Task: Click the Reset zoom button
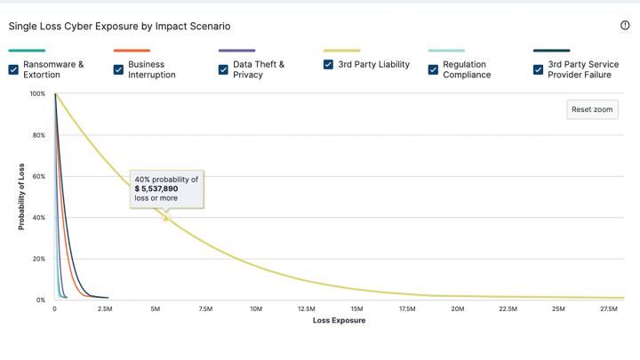(592, 109)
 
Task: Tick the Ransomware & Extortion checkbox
(13, 69)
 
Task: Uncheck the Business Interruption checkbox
(118, 69)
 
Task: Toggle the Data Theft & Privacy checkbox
(223, 69)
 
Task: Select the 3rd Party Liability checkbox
(328, 65)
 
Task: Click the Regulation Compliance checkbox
(433, 69)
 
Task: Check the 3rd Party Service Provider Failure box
(538, 69)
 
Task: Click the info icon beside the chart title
(625, 26)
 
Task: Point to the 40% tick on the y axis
(37, 218)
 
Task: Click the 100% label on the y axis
(36, 93)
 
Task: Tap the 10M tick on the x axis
(256, 309)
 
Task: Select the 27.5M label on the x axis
(609, 309)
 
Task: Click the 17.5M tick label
(407, 309)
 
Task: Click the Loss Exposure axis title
(339, 321)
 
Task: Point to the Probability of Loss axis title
(21, 197)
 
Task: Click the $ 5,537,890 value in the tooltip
(156, 188)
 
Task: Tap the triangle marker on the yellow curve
(166, 217)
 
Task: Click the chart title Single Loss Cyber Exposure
(119, 27)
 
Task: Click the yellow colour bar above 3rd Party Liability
(341, 51)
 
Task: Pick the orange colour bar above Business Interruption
(132, 51)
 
